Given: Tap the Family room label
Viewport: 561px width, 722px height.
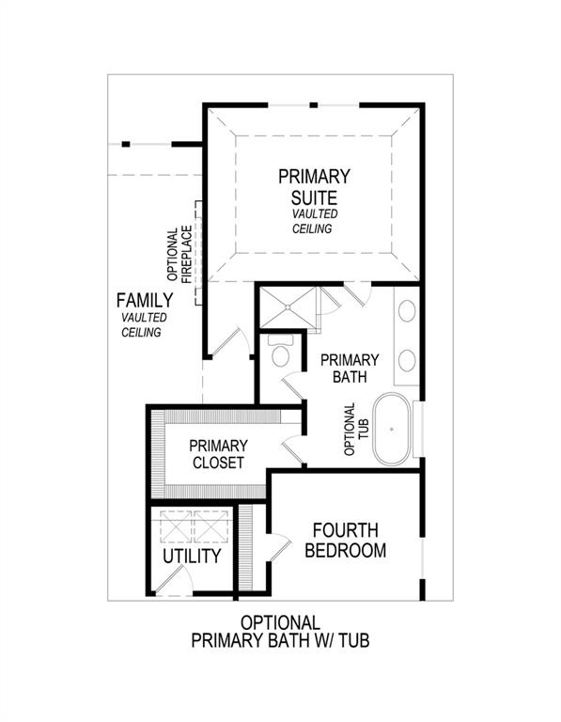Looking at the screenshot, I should [x=144, y=301].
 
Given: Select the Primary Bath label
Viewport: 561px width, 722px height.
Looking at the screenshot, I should [x=350, y=368].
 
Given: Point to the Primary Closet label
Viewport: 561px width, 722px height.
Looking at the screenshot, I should [x=217, y=454].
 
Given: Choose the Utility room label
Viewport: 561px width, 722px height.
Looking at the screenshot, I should [x=192, y=556].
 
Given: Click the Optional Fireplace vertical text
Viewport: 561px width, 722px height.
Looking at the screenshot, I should [x=179, y=255].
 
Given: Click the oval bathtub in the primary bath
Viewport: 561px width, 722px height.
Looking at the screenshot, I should [x=393, y=432].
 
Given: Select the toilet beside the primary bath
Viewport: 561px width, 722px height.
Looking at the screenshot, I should [x=280, y=354].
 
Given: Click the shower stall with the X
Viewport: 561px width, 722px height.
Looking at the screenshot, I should [x=290, y=306].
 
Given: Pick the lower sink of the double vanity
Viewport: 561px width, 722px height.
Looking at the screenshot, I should [x=408, y=359].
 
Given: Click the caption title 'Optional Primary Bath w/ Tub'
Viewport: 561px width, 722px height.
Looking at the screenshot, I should [x=280, y=632].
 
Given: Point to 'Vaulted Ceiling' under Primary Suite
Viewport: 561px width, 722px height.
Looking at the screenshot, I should [x=314, y=221].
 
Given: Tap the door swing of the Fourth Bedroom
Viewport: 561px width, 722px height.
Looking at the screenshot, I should [x=283, y=548].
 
